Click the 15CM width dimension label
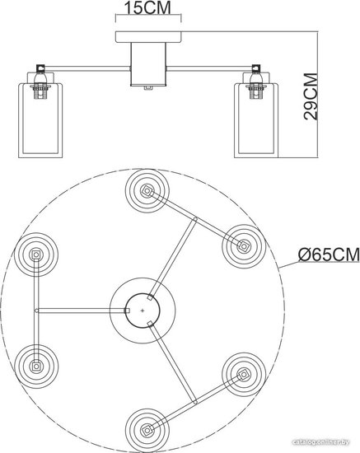click(147, 7)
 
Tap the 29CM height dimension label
click(311, 96)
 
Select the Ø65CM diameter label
click(329, 255)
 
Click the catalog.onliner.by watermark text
click(320, 442)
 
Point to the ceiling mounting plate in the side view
click(148, 37)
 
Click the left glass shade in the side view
click(40, 120)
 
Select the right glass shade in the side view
click(256, 120)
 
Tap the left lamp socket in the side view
click(40, 83)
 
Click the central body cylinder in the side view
click(148, 64)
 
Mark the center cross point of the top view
click(143, 311)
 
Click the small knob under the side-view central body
click(148, 88)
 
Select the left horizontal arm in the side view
click(86, 68)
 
